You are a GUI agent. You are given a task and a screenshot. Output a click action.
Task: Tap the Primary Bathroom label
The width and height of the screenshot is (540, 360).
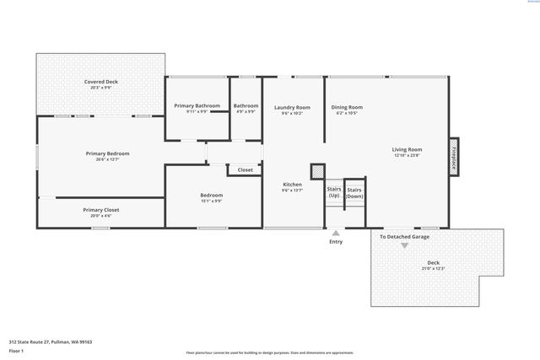[197, 105]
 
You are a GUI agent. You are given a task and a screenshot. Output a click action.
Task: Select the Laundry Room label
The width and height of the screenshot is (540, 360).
[292, 107]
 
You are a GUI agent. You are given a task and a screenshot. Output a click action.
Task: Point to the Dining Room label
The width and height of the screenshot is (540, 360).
[346, 107]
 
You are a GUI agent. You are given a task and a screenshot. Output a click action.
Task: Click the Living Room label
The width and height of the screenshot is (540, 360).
[408, 149]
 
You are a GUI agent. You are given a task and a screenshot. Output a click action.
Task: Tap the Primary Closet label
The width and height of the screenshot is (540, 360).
[100, 210]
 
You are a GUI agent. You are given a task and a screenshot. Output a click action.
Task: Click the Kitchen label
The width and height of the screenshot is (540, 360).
[292, 185]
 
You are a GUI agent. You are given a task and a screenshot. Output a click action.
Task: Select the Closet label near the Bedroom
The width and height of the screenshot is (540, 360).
[245, 170]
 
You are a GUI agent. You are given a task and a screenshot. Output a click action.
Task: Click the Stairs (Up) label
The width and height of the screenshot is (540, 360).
[334, 192]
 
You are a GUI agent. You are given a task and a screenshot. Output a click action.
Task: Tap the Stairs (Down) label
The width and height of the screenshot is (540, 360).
[354, 193]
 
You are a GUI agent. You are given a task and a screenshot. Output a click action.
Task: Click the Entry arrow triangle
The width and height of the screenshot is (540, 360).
[336, 234]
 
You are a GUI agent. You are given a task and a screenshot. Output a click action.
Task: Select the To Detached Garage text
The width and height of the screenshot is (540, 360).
[404, 237]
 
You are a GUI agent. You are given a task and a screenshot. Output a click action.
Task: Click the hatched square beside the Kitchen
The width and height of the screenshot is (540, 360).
[317, 171]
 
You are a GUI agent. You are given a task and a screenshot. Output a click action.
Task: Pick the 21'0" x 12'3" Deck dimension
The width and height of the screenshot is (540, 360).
[433, 269]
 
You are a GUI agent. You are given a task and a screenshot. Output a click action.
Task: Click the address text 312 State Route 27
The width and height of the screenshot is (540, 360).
[50, 341]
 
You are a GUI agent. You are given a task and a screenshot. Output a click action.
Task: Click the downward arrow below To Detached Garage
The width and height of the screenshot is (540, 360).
[404, 245]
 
